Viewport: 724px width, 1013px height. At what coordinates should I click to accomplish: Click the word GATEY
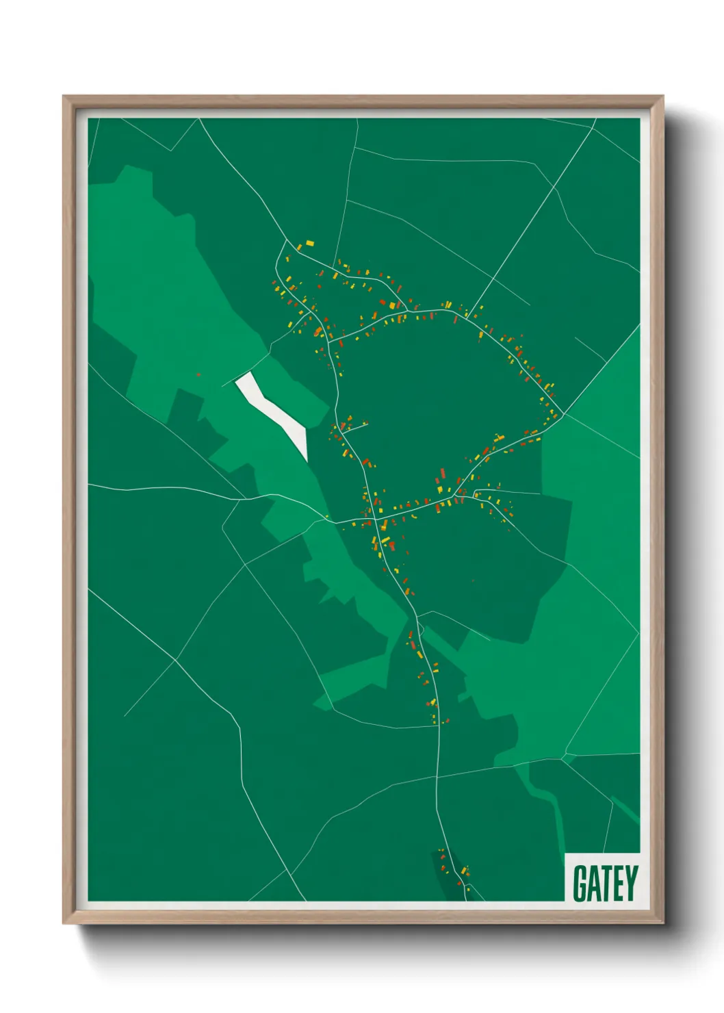[605, 883]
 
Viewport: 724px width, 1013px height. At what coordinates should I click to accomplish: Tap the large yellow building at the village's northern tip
[310, 242]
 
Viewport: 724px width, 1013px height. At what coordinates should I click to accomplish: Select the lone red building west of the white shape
[198, 374]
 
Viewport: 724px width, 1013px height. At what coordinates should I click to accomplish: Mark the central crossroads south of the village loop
[377, 518]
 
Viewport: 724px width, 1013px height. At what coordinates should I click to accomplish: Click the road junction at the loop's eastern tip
[563, 415]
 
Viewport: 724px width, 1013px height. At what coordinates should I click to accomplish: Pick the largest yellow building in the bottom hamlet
[465, 870]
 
